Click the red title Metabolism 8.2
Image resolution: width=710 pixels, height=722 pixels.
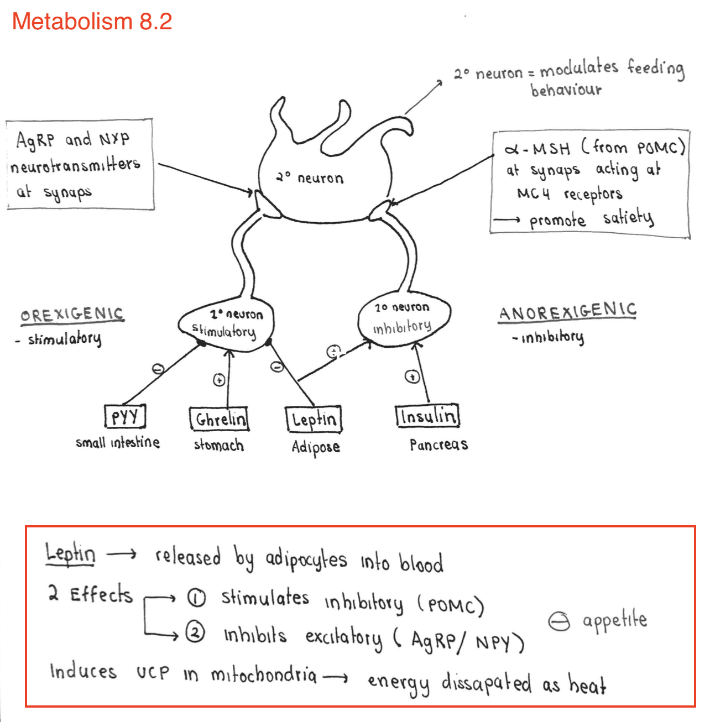pos(92,22)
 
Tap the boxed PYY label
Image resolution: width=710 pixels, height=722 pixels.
pos(125,416)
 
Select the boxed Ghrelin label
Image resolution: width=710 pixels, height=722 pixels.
pos(219,419)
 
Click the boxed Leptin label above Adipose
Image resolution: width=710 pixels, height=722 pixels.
pos(314,419)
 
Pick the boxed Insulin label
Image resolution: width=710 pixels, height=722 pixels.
pos(427,416)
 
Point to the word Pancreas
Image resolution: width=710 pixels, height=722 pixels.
pos(438,444)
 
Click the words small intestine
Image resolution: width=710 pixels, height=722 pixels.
pos(117,442)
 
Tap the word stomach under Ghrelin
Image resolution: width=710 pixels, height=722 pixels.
pos(218,445)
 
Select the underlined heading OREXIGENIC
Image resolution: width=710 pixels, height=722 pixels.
pos(72,315)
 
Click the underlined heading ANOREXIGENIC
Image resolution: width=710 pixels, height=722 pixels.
pos(568,312)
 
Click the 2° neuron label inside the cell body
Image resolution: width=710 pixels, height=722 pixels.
pos(310,178)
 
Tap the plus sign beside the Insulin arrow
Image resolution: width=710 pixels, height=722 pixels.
pos(412,377)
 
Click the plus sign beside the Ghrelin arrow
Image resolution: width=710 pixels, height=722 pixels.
pos(219,380)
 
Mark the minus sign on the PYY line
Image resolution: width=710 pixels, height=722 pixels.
pos(158,369)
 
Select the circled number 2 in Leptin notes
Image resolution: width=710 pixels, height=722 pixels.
pos(195,632)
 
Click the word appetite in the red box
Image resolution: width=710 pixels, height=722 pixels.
pos(614,621)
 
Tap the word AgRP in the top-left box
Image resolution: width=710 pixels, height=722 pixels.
pos(35,140)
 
